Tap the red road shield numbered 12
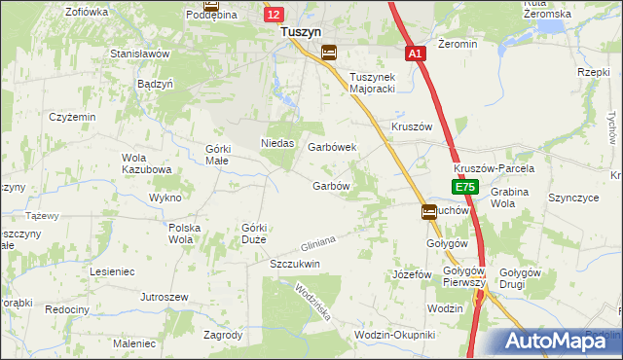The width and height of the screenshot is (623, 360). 275,14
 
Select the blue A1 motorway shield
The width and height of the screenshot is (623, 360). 416,54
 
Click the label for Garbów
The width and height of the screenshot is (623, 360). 330,186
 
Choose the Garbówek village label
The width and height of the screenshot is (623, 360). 332,147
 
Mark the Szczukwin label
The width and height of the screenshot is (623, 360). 295,264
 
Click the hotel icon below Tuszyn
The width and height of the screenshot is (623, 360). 329,53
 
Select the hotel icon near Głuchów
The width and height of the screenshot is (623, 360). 429,211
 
